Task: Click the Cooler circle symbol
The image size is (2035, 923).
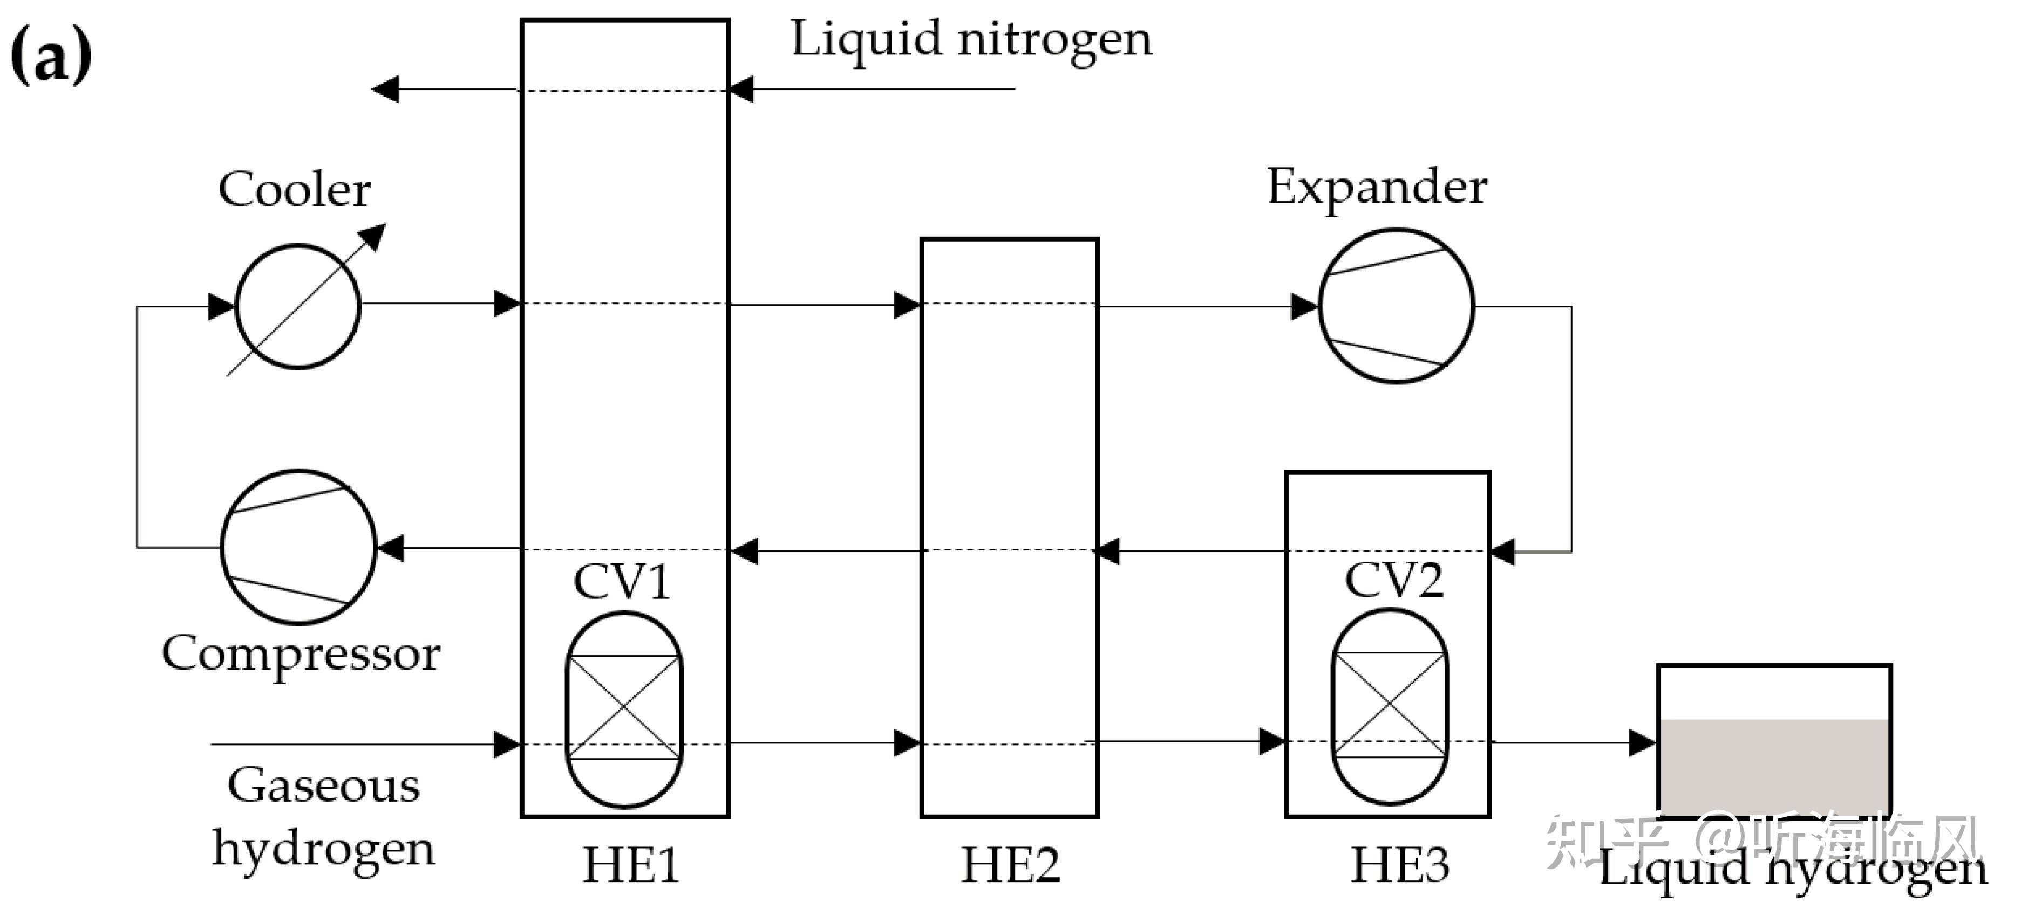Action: [298, 306]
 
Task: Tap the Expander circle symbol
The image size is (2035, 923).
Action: [1396, 306]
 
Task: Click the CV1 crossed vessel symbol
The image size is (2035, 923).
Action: [624, 708]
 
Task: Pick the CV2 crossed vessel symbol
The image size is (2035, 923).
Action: [1390, 705]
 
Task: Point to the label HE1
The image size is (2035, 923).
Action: [630, 865]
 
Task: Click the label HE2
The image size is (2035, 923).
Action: [1010, 865]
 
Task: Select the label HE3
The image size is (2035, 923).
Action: [1400, 865]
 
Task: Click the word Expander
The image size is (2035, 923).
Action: [1377, 187]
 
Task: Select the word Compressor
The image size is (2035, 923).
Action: [300, 654]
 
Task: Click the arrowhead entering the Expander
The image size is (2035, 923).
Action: [1303, 306]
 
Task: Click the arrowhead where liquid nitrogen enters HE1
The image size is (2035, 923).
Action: [741, 89]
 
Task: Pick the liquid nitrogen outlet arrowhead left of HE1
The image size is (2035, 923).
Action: [385, 89]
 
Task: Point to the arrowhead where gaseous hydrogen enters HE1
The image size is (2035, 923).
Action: [506, 744]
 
